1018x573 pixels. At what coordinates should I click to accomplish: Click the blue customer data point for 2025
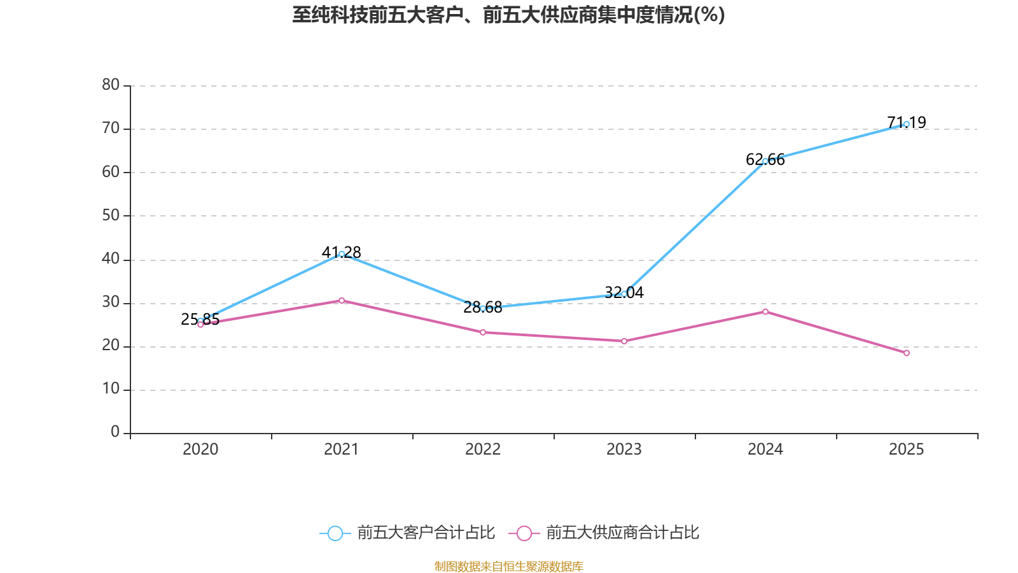click(x=906, y=124)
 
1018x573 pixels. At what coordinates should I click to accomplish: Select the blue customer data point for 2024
click(x=765, y=161)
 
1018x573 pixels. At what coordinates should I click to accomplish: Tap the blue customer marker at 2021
click(x=342, y=254)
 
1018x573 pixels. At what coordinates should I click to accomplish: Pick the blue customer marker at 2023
click(x=624, y=294)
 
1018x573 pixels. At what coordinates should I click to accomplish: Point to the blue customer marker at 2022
click(x=483, y=308)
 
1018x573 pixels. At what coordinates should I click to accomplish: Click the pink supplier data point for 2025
click(x=906, y=353)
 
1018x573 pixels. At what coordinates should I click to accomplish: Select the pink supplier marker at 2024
click(x=765, y=311)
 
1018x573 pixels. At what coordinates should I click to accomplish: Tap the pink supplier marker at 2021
click(x=342, y=301)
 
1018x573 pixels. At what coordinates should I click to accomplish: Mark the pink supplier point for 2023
click(x=624, y=341)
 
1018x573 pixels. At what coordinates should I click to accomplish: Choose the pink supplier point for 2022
click(x=483, y=332)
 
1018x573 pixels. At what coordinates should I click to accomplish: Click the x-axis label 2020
click(x=200, y=449)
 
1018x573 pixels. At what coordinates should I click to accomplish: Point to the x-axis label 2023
click(x=624, y=449)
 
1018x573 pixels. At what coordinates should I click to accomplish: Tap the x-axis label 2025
click(x=906, y=449)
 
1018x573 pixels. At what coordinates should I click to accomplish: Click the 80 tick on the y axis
click(x=111, y=85)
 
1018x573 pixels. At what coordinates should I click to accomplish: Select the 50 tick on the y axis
click(x=111, y=215)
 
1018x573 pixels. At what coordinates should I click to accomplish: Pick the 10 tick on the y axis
click(x=111, y=389)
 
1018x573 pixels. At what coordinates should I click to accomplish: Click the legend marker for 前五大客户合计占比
click(x=335, y=533)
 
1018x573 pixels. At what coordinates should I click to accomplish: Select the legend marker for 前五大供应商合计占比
click(x=524, y=533)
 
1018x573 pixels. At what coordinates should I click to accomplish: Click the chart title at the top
click(x=508, y=15)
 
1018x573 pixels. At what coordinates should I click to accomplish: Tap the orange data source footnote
click(x=508, y=566)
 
